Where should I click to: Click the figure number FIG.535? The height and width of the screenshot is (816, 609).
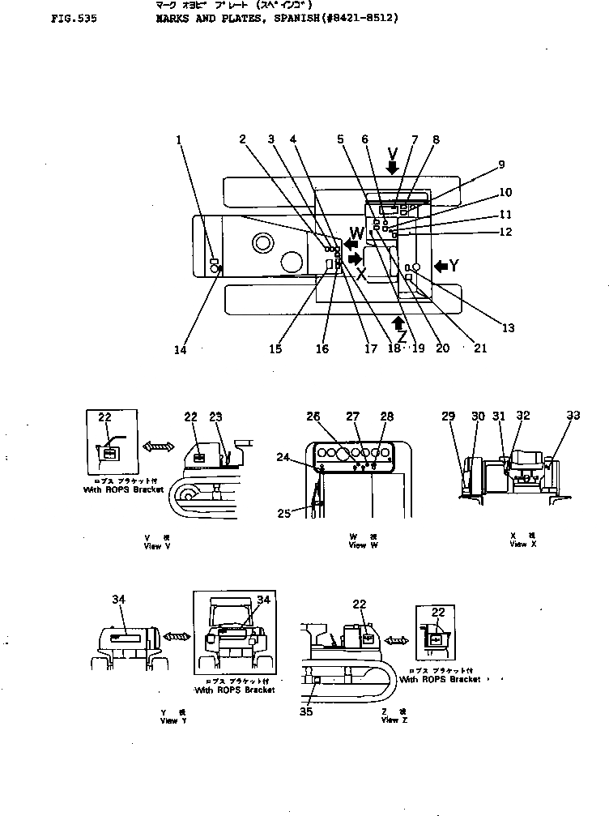pyautogui.click(x=73, y=15)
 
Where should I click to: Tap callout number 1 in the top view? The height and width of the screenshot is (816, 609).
pyautogui.click(x=179, y=139)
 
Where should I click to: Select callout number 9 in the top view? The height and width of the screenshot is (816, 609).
pyautogui.click(x=501, y=164)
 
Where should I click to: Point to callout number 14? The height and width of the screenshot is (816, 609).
pyautogui.click(x=180, y=350)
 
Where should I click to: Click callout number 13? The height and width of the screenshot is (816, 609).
pyautogui.click(x=508, y=328)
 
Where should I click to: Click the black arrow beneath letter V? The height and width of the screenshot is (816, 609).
pyautogui.click(x=393, y=168)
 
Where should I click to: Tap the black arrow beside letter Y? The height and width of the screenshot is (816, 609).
pyautogui.click(x=441, y=265)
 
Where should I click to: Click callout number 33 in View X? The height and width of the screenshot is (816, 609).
pyautogui.click(x=573, y=416)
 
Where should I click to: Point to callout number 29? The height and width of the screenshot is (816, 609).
pyautogui.click(x=449, y=416)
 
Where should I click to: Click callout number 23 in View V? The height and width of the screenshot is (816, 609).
pyautogui.click(x=215, y=417)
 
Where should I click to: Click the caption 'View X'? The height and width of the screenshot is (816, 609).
pyautogui.click(x=518, y=545)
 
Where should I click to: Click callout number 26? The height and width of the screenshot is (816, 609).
pyautogui.click(x=313, y=417)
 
